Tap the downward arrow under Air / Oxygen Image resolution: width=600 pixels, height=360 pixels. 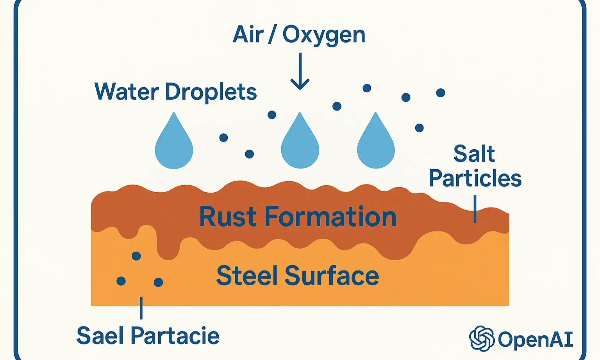click(x=300, y=72)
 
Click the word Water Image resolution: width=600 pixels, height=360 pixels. click(x=127, y=92)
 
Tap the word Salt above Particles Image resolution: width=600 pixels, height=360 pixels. click(x=474, y=154)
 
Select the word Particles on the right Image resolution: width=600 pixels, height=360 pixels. click(x=475, y=178)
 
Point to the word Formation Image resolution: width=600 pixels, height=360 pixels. click(x=330, y=217)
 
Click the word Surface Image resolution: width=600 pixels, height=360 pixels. click(x=332, y=276)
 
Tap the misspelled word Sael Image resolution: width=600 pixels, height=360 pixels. click(x=100, y=336)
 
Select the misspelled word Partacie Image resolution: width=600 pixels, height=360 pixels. click(x=175, y=336)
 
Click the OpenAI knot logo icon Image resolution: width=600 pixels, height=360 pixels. click(x=482, y=339)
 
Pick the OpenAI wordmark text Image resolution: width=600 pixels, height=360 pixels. click(x=536, y=339)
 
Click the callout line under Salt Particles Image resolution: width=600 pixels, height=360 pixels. click(x=475, y=209)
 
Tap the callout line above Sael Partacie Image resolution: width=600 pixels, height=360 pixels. click(x=141, y=308)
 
